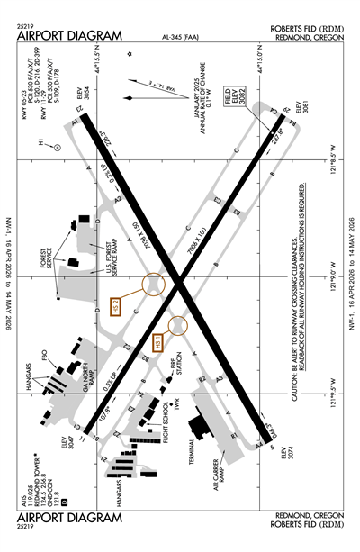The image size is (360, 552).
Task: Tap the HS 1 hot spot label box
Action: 160,342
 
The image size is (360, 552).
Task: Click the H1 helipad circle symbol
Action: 56,144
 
